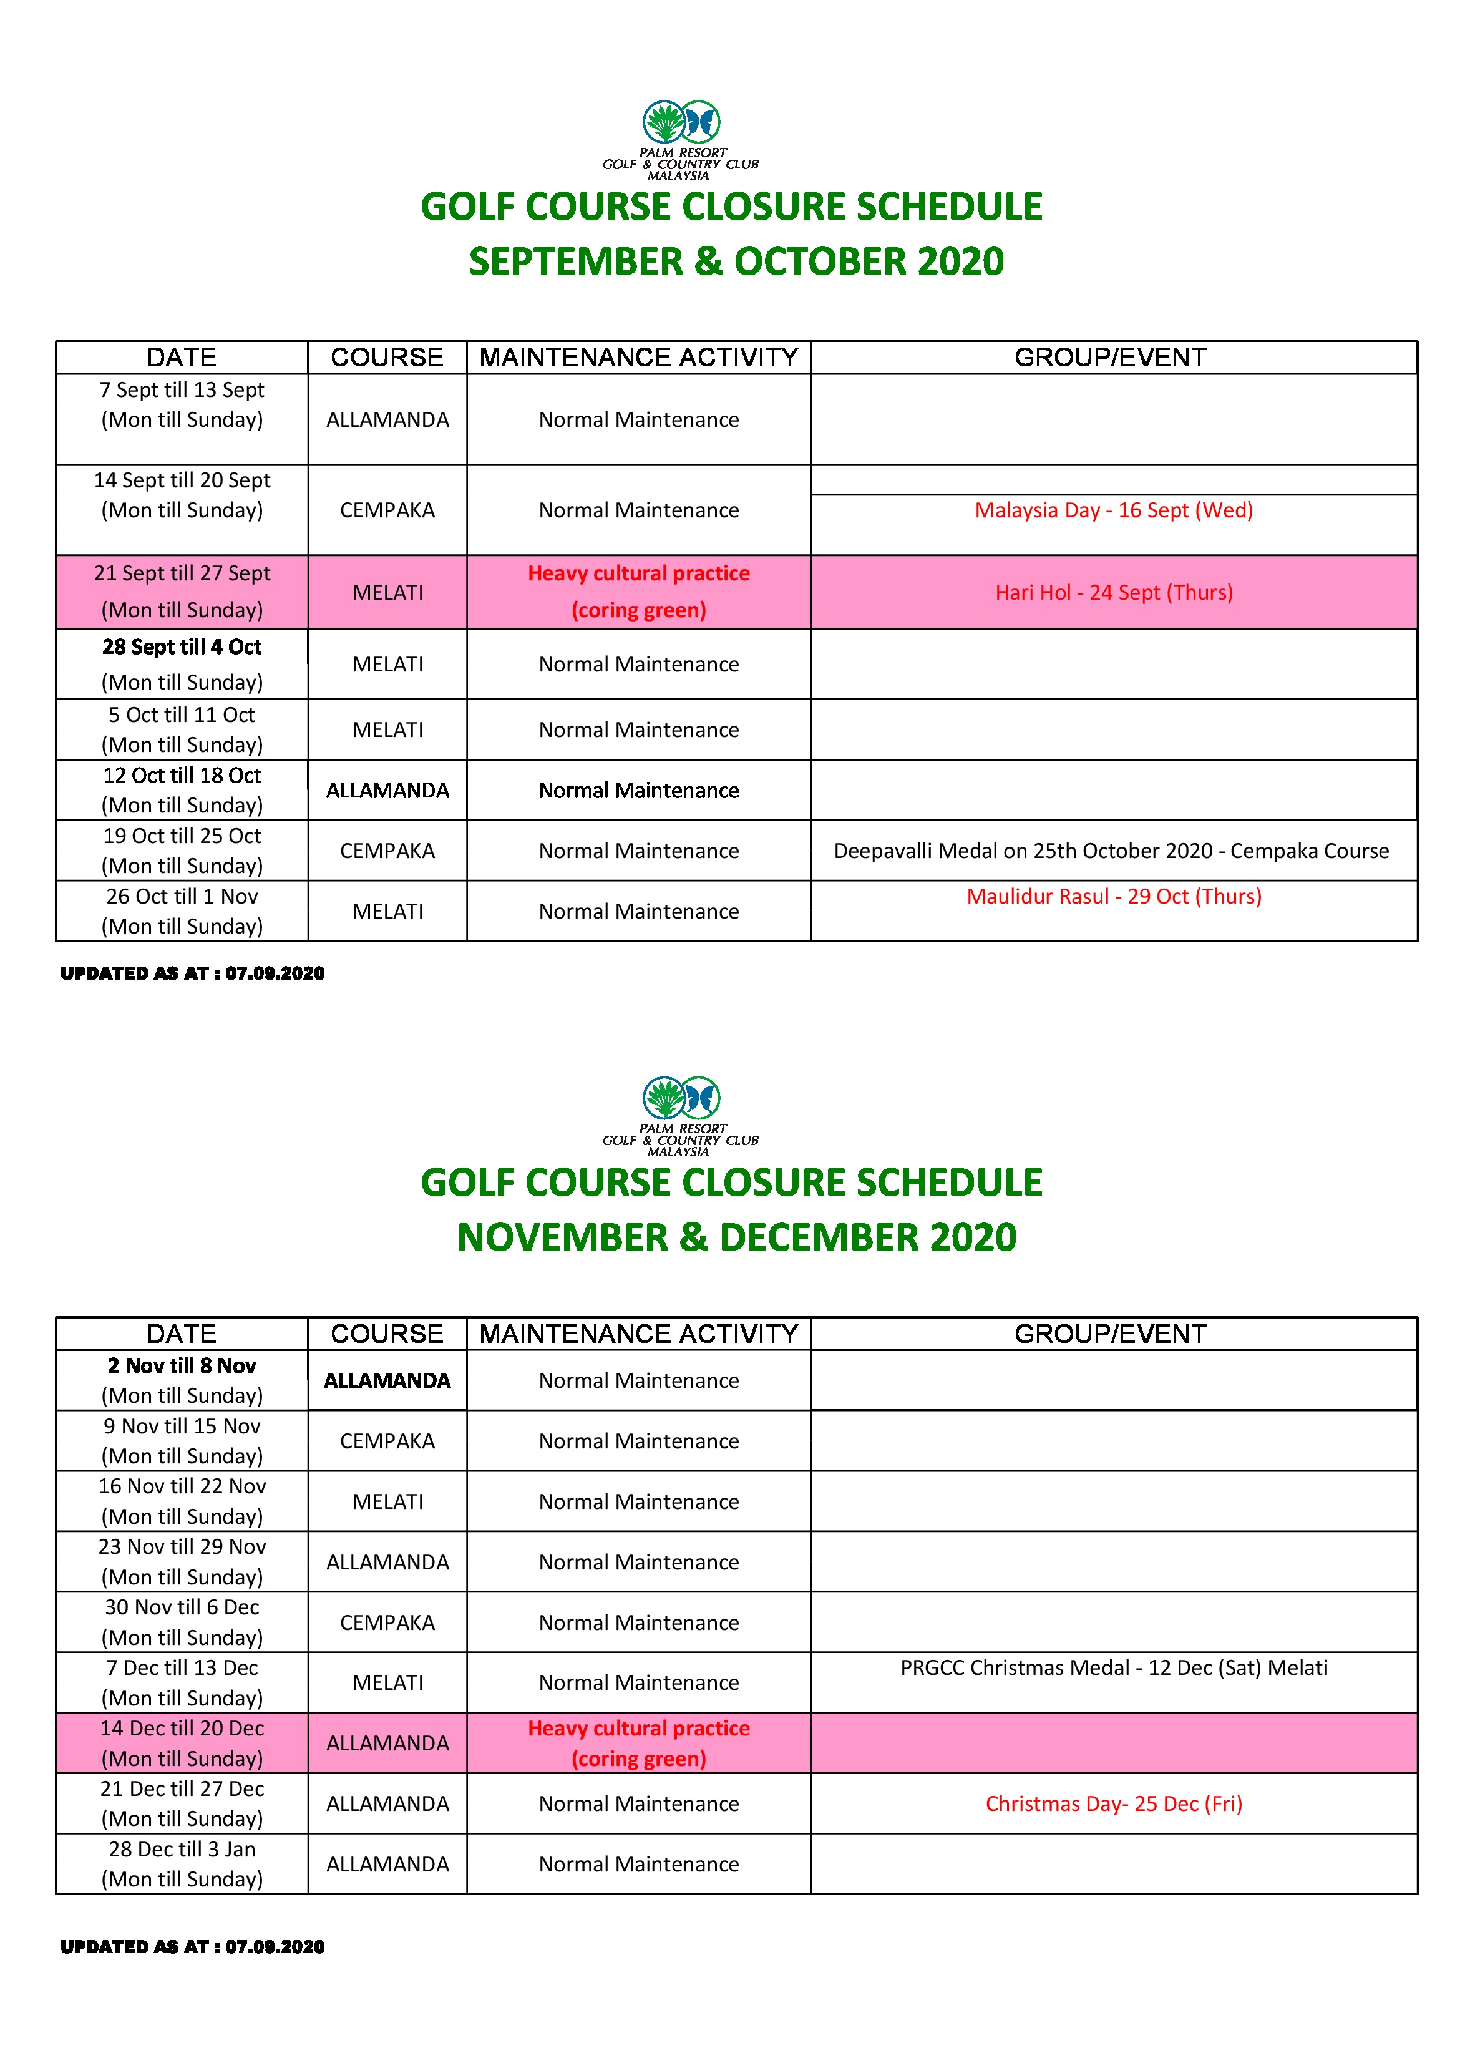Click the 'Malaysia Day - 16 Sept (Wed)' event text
(1113, 510)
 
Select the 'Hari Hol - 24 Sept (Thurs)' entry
(1113, 593)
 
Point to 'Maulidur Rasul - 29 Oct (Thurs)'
(1113, 896)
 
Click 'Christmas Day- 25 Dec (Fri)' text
(1113, 1804)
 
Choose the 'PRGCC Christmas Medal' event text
(1113, 1667)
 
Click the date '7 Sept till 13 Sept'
(182, 390)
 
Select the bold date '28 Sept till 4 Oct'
(182, 647)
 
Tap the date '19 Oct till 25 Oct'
(182, 836)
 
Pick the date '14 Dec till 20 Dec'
(182, 1728)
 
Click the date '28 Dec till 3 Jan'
(182, 1849)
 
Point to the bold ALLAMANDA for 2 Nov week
(387, 1380)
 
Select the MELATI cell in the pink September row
(387, 593)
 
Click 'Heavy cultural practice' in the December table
(638, 1728)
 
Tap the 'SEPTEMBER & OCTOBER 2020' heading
(736, 261)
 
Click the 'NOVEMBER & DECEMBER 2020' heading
(736, 1237)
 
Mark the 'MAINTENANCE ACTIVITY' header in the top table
(638, 358)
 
